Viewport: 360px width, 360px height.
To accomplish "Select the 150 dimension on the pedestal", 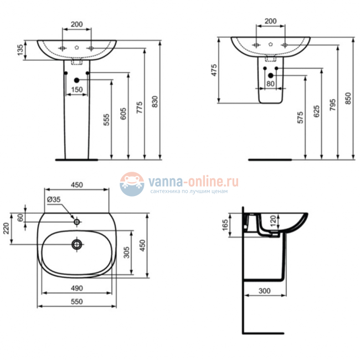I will [76, 89].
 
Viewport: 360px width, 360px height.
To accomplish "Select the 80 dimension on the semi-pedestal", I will [270, 84].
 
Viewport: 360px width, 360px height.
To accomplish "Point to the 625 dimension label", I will [316, 112].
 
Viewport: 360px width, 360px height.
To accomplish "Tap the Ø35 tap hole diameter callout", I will [53, 199].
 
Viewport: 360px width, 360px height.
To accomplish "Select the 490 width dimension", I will [76, 287].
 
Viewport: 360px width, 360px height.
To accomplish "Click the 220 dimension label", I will [7, 228].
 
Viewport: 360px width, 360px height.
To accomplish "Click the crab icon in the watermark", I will [132, 183].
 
